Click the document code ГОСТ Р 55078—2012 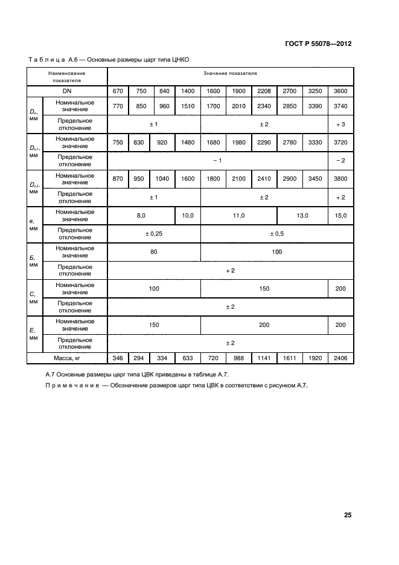point(318,44)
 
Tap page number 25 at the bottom point(348,515)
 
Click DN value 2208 point(264,91)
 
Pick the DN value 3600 point(340,91)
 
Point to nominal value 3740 point(340,106)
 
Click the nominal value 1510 point(187,106)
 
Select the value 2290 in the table point(264,142)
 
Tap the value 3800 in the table point(340,178)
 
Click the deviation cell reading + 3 point(340,124)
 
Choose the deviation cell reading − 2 point(340,160)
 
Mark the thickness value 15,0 point(340,215)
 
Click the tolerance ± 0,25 point(153,233)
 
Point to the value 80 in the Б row point(153,251)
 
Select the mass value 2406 point(340,358)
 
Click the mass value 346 point(118,358)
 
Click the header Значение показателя point(230,73)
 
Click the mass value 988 point(238,358)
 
